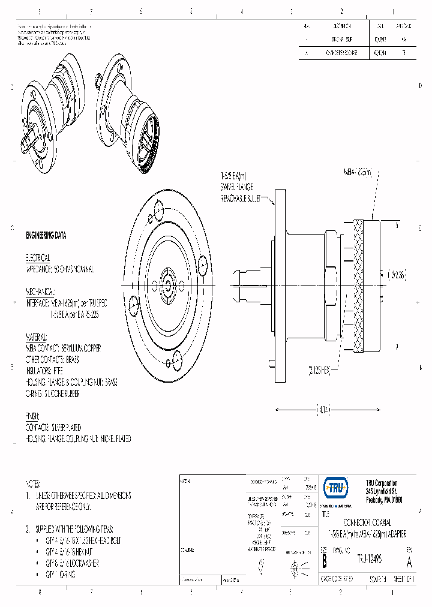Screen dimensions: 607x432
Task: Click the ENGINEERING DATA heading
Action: [x=46, y=235]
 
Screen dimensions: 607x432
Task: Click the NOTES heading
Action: [x=33, y=483]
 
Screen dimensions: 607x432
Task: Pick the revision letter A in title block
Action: [x=409, y=563]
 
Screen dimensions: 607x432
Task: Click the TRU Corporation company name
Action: [x=382, y=483]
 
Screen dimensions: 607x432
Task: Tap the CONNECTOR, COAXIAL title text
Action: [x=367, y=523]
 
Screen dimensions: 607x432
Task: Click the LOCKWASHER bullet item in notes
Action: [x=73, y=563]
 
